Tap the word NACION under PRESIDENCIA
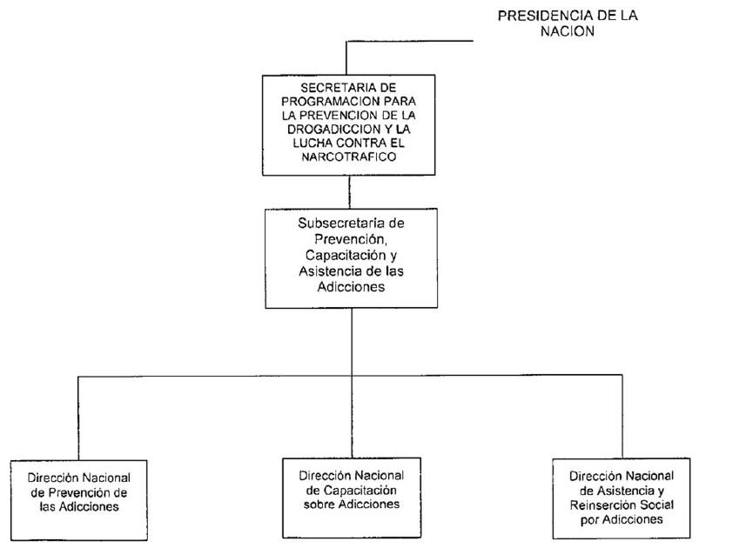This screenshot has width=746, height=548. tap(567, 31)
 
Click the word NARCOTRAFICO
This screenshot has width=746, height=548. tap(349, 157)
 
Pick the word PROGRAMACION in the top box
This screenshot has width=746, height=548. tap(329, 101)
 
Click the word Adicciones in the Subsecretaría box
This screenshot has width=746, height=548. tap(351, 287)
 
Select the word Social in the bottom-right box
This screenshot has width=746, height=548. tap(656, 505)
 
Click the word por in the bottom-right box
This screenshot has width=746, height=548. tap(589, 520)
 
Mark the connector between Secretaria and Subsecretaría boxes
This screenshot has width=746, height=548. tap(350, 192)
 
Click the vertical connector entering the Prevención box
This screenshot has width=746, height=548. tap(78, 418)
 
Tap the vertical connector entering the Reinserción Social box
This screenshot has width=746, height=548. tap(622, 417)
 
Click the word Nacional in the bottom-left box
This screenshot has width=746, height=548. tap(106, 478)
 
